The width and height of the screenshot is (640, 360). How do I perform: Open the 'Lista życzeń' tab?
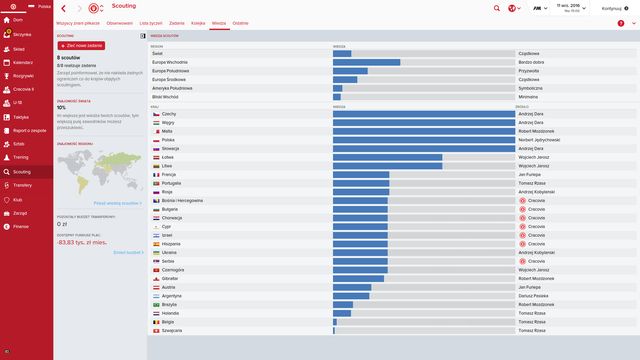pos(149,22)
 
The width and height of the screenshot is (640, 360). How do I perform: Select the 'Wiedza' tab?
pos(219,22)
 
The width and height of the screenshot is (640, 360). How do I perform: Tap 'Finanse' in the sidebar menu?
pos(20,227)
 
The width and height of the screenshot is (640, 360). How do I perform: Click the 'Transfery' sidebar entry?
pos(23,185)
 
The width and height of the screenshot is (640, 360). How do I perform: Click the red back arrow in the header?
pos(63,9)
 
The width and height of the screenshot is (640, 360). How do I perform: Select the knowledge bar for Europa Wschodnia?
pos(366,62)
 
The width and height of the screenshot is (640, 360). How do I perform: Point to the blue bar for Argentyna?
pos(351,295)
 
